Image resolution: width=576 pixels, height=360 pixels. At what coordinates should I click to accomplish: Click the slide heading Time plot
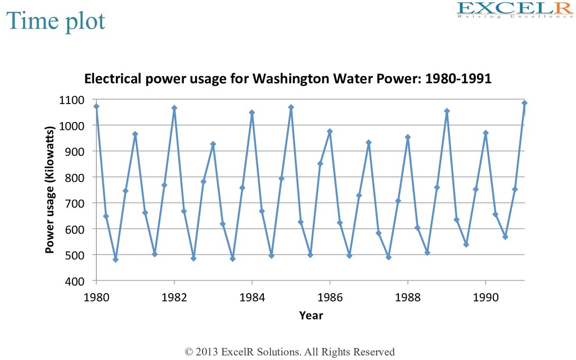[56, 21]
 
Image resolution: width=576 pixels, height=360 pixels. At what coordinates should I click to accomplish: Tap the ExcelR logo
[515, 10]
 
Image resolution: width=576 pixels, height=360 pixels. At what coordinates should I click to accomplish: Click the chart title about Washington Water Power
[287, 79]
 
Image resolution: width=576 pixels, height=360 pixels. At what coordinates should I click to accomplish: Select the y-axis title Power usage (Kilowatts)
[50, 190]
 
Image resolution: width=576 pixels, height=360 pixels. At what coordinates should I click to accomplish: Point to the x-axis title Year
[310, 316]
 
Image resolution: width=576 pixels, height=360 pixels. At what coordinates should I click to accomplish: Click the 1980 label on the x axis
[96, 296]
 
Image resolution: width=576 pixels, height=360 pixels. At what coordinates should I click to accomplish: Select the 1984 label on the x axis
[252, 296]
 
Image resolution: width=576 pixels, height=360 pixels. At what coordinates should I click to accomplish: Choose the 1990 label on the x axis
[485, 296]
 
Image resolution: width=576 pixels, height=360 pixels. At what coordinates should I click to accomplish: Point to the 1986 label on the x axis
[330, 296]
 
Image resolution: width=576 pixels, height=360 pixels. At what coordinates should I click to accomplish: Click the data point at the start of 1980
[96, 106]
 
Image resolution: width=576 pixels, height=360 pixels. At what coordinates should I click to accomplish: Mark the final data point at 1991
[524, 103]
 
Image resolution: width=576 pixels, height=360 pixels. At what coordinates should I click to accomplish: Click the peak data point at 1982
[174, 108]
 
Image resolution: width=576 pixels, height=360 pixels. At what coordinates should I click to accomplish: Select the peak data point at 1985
[291, 107]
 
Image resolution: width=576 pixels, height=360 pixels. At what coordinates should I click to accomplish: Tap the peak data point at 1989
[447, 111]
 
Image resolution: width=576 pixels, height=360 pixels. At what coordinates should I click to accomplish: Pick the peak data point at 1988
[408, 137]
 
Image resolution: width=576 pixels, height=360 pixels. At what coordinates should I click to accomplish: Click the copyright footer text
[290, 352]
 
